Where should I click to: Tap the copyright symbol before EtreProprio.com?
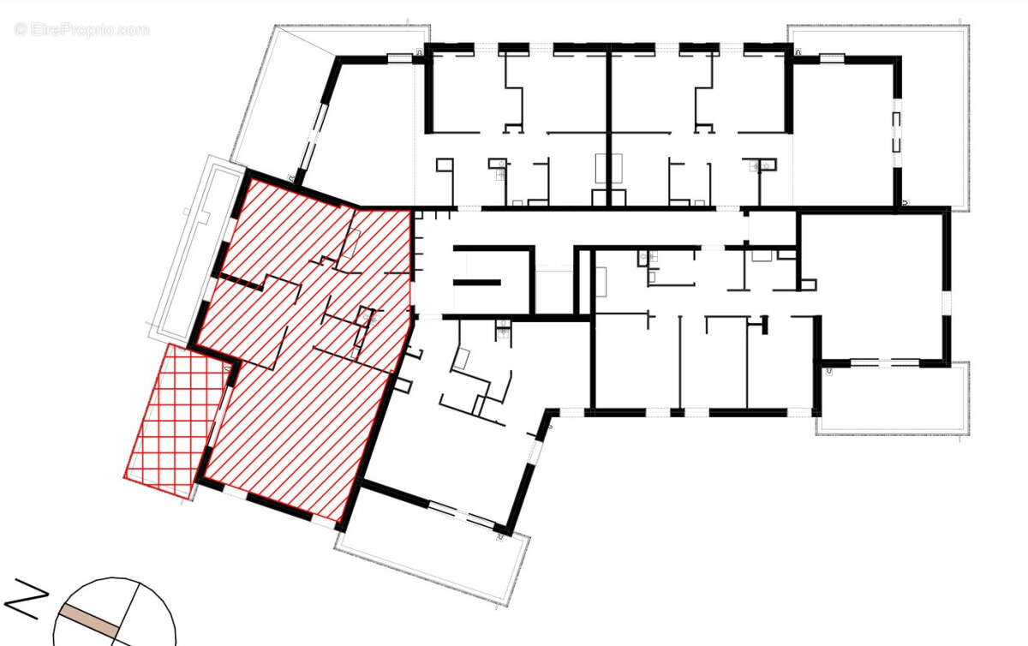[21, 29]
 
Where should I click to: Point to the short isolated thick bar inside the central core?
[475, 282]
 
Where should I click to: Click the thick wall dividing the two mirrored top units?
[608, 120]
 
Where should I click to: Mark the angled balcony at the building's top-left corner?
[274, 94]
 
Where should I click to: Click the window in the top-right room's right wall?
[897, 133]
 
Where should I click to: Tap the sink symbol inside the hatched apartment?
[369, 319]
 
